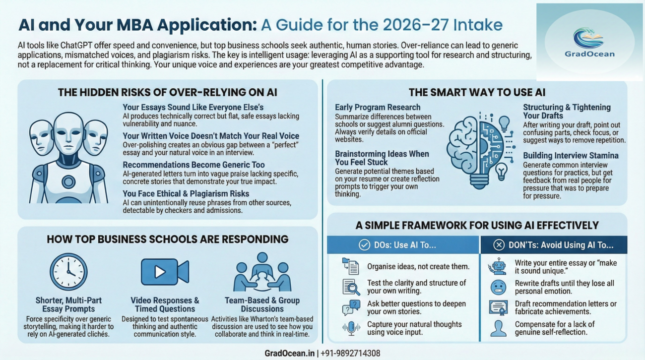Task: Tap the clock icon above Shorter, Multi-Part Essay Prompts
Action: (x=68, y=272)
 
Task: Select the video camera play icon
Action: (x=164, y=272)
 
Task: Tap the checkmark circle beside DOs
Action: (x=364, y=245)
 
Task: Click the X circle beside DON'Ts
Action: (x=500, y=245)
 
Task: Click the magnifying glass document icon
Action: (x=351, y=287)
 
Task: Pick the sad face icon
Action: (x=498, y=287)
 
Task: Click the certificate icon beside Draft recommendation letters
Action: (x=498, y=308)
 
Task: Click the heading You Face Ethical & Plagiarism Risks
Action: (x=186, y=193)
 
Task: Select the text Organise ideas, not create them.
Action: (x=418, y=267)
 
